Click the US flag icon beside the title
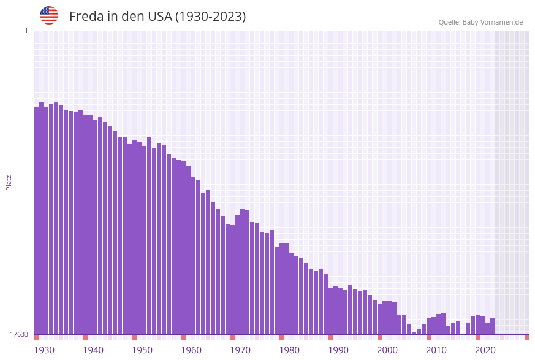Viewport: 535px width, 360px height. (49, 15)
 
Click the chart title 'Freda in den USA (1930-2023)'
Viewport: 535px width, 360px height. (157, 17)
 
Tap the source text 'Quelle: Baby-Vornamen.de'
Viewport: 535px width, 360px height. (480, 22)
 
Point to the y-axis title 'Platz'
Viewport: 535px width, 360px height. (9, 182)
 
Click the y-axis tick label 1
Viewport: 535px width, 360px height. (26, 31)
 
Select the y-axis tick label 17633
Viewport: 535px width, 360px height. (19, 334)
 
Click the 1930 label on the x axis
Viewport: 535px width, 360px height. (44, 350)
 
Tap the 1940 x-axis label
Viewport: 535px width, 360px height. (93, 350)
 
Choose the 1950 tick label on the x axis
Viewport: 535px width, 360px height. (142, 350)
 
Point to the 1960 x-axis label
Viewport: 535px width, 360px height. (191, 350)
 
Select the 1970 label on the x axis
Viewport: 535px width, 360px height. (240, 350)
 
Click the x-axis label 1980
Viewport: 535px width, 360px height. (289, 350)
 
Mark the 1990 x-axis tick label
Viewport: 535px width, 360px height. (338, 350)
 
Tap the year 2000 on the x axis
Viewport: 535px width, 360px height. (387, 350)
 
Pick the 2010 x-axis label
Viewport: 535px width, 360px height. (436, 350)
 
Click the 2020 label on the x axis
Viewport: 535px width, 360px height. (485, 350)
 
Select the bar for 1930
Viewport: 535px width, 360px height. (37, 221)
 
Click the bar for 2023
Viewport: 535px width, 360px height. (492, 326)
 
